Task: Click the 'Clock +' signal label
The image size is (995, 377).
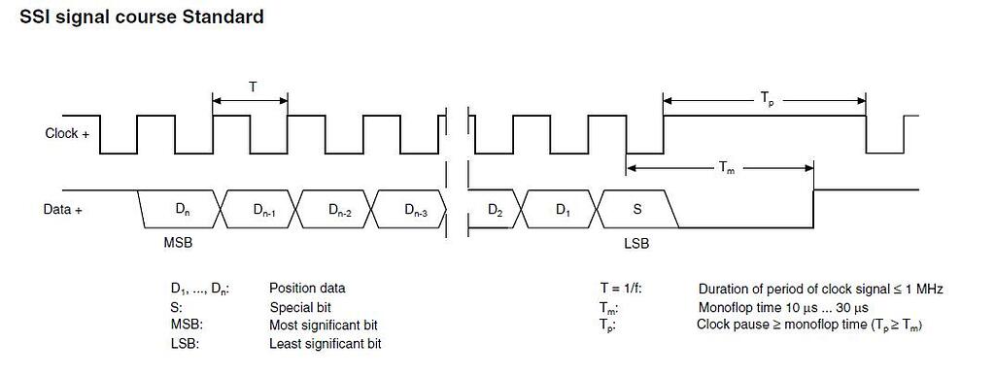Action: [67, 133]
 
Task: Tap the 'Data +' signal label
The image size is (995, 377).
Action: [64, 209]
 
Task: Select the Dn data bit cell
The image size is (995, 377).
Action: [182, 209]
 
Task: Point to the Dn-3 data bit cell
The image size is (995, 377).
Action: [411, 209]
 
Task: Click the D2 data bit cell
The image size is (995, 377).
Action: [495, 209]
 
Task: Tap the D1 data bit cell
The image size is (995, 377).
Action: [563, 209]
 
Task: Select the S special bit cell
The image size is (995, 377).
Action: [637, 209]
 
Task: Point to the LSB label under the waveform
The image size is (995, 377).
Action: [635, 244]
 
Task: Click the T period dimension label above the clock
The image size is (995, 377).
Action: [252, 86]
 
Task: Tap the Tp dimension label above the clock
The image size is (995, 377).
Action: [766, 97]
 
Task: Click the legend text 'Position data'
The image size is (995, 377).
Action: [306, 289]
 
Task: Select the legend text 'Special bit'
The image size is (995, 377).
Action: [300, 307]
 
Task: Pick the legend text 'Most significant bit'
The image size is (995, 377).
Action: [323, 326]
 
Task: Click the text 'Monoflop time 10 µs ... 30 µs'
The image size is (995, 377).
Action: [782, 307]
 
